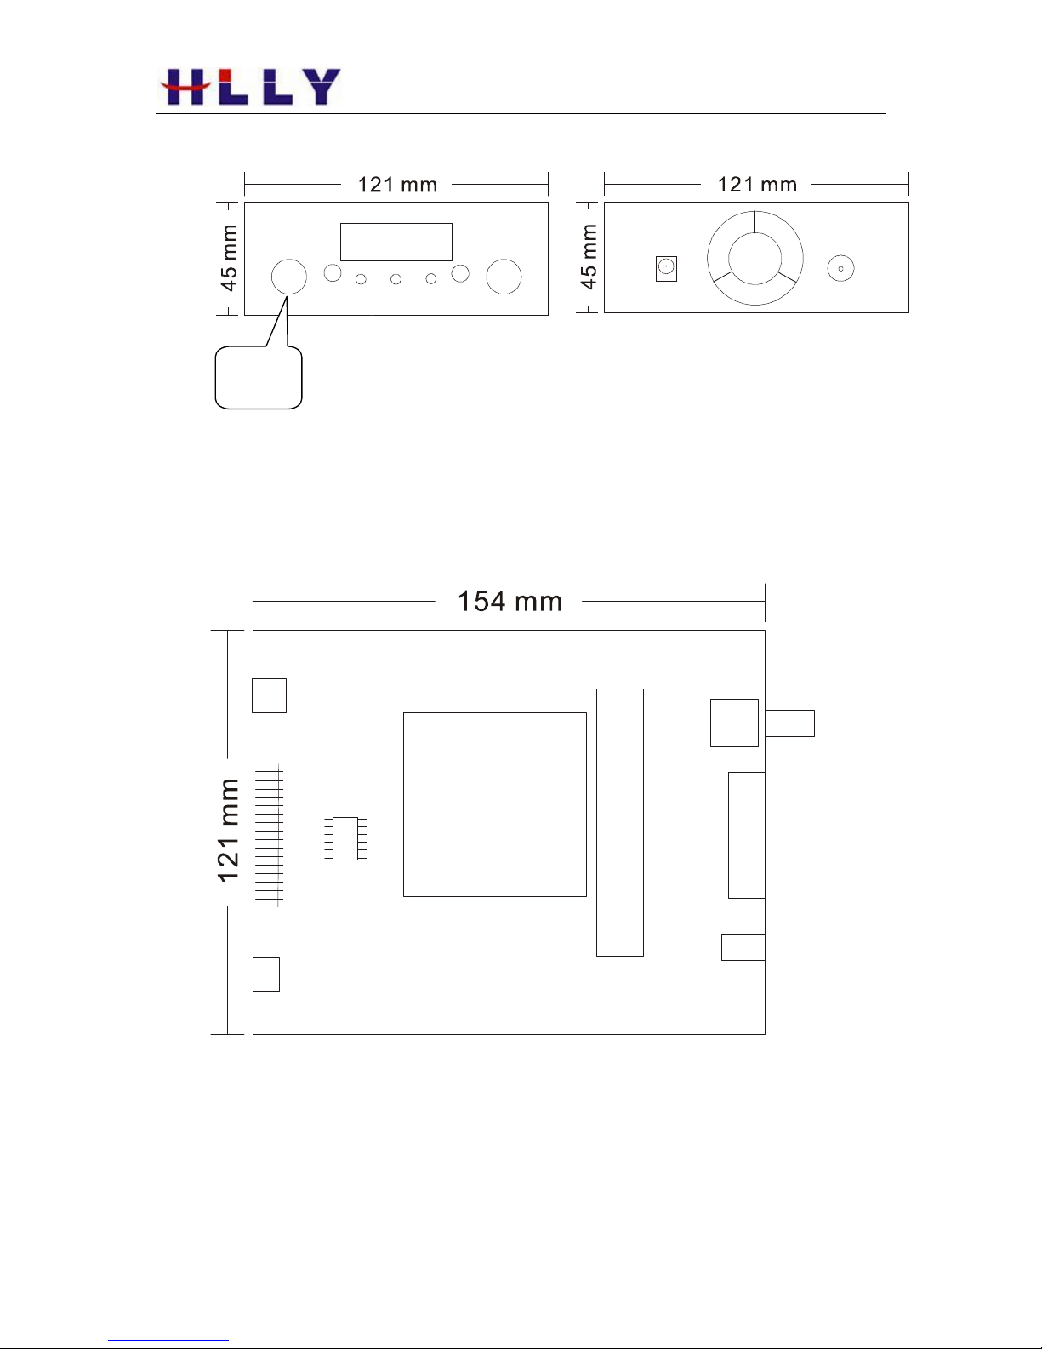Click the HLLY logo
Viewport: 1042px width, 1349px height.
250,86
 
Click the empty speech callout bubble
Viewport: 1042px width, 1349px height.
259,377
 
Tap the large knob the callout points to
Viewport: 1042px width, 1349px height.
289,277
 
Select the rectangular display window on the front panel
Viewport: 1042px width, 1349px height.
396,242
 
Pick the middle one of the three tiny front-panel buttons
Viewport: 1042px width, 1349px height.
396,279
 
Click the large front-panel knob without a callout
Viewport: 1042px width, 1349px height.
504,277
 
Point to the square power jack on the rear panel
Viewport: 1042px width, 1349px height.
666,268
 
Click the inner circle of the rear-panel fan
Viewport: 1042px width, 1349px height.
754,258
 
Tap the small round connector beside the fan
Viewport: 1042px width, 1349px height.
840,269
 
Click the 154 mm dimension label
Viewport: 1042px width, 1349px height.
510,602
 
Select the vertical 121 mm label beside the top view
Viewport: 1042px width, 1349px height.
228,830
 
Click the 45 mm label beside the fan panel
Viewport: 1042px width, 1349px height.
588,257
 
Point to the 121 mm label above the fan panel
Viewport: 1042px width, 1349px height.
757,185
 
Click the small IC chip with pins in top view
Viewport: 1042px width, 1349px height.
345,838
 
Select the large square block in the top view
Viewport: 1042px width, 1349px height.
495,804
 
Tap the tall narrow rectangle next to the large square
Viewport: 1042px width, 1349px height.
620,822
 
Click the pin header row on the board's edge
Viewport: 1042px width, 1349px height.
269,835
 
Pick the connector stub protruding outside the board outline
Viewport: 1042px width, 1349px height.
789,723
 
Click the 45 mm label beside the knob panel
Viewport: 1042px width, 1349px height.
228,258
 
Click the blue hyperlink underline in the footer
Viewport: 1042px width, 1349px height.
168,1341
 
